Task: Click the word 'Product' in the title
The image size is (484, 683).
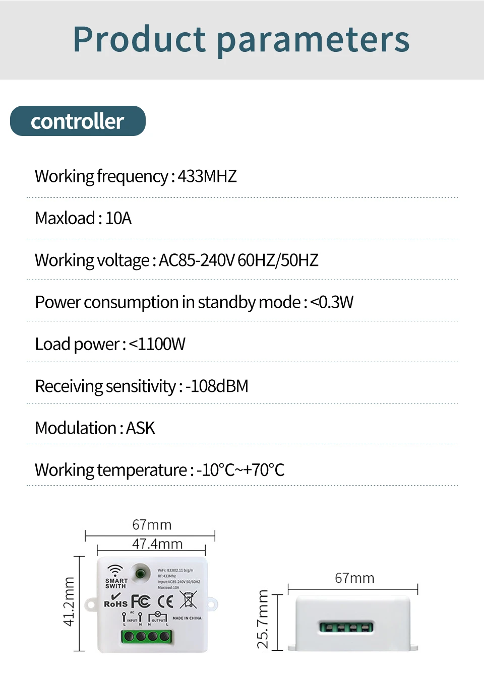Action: point(140,40)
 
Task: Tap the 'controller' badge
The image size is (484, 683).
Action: point(78,121)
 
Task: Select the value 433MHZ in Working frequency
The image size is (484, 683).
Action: point(207,176)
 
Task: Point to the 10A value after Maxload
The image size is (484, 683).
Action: point(118,218)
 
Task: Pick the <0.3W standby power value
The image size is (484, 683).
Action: point(332,302)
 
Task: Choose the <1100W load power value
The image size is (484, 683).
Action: point(157,344)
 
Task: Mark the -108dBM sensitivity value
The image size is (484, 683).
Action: point(217,386)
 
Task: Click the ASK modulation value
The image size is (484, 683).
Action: point(141,428)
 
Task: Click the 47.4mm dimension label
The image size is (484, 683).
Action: point(157,544)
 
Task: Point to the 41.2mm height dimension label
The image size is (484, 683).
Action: point(69,602)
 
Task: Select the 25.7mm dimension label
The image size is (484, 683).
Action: point(263,619)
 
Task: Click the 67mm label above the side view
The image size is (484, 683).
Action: point(354,578)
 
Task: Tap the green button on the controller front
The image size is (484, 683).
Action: point(140,573)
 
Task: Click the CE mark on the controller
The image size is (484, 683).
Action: point(165,601)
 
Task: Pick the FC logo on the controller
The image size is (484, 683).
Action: point(141,601)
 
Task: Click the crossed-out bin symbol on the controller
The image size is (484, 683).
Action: point(188,600)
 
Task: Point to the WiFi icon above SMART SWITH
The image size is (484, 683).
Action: point(115,571)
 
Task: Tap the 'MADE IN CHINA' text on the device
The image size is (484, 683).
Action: point(187,618)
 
